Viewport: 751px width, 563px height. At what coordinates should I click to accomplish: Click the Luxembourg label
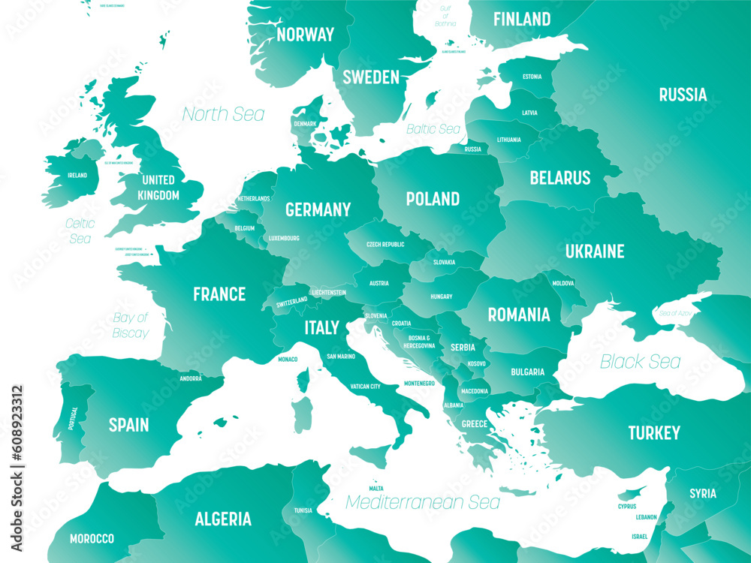pyautogui.click(x=284, y=238)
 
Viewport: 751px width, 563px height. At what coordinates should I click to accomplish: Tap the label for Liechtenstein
pyautogui.click(x=328, y=292)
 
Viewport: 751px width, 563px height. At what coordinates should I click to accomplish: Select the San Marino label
pyautogui.click(x=340, y=357)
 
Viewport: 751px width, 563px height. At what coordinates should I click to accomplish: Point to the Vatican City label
pyautogui.click(x=365, y=387)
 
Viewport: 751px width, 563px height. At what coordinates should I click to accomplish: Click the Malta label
pyautogui.click(x=375, y=488)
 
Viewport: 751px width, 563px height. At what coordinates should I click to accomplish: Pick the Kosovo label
pyautogui.click(x=477, y=363)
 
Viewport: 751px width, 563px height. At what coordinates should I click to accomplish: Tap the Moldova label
pyautogui.click(x=563, y=283)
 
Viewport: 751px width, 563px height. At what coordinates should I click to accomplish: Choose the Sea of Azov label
pyautogui.click(x=675, y=312)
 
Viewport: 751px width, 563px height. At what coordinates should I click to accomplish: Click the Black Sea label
pyautogui.click(x=640, y=362)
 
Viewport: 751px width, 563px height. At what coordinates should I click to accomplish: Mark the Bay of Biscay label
pyautogui.click(x=131, y=325)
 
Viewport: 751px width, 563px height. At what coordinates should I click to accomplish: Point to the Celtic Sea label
pyautogui.click(x=79, y=230)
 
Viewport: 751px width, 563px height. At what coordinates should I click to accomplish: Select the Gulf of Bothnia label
pyautogui.click(x=445, y=16)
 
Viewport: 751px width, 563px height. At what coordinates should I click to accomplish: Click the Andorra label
pyautogui.click(x=191, y=378)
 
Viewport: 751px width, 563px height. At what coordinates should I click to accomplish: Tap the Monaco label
pyautogui.click(x=288, y=359)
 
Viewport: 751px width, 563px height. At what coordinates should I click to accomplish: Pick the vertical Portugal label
pyautogui.click(x=73, y=418)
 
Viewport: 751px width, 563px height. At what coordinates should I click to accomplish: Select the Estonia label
pyautogui.click(x=532, y=77)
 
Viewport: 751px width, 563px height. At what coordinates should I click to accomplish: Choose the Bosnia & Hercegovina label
pyautogui.click(x=419, y=342)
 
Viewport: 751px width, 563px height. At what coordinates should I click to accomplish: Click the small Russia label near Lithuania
pyautogui.click(x=472, y=149)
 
